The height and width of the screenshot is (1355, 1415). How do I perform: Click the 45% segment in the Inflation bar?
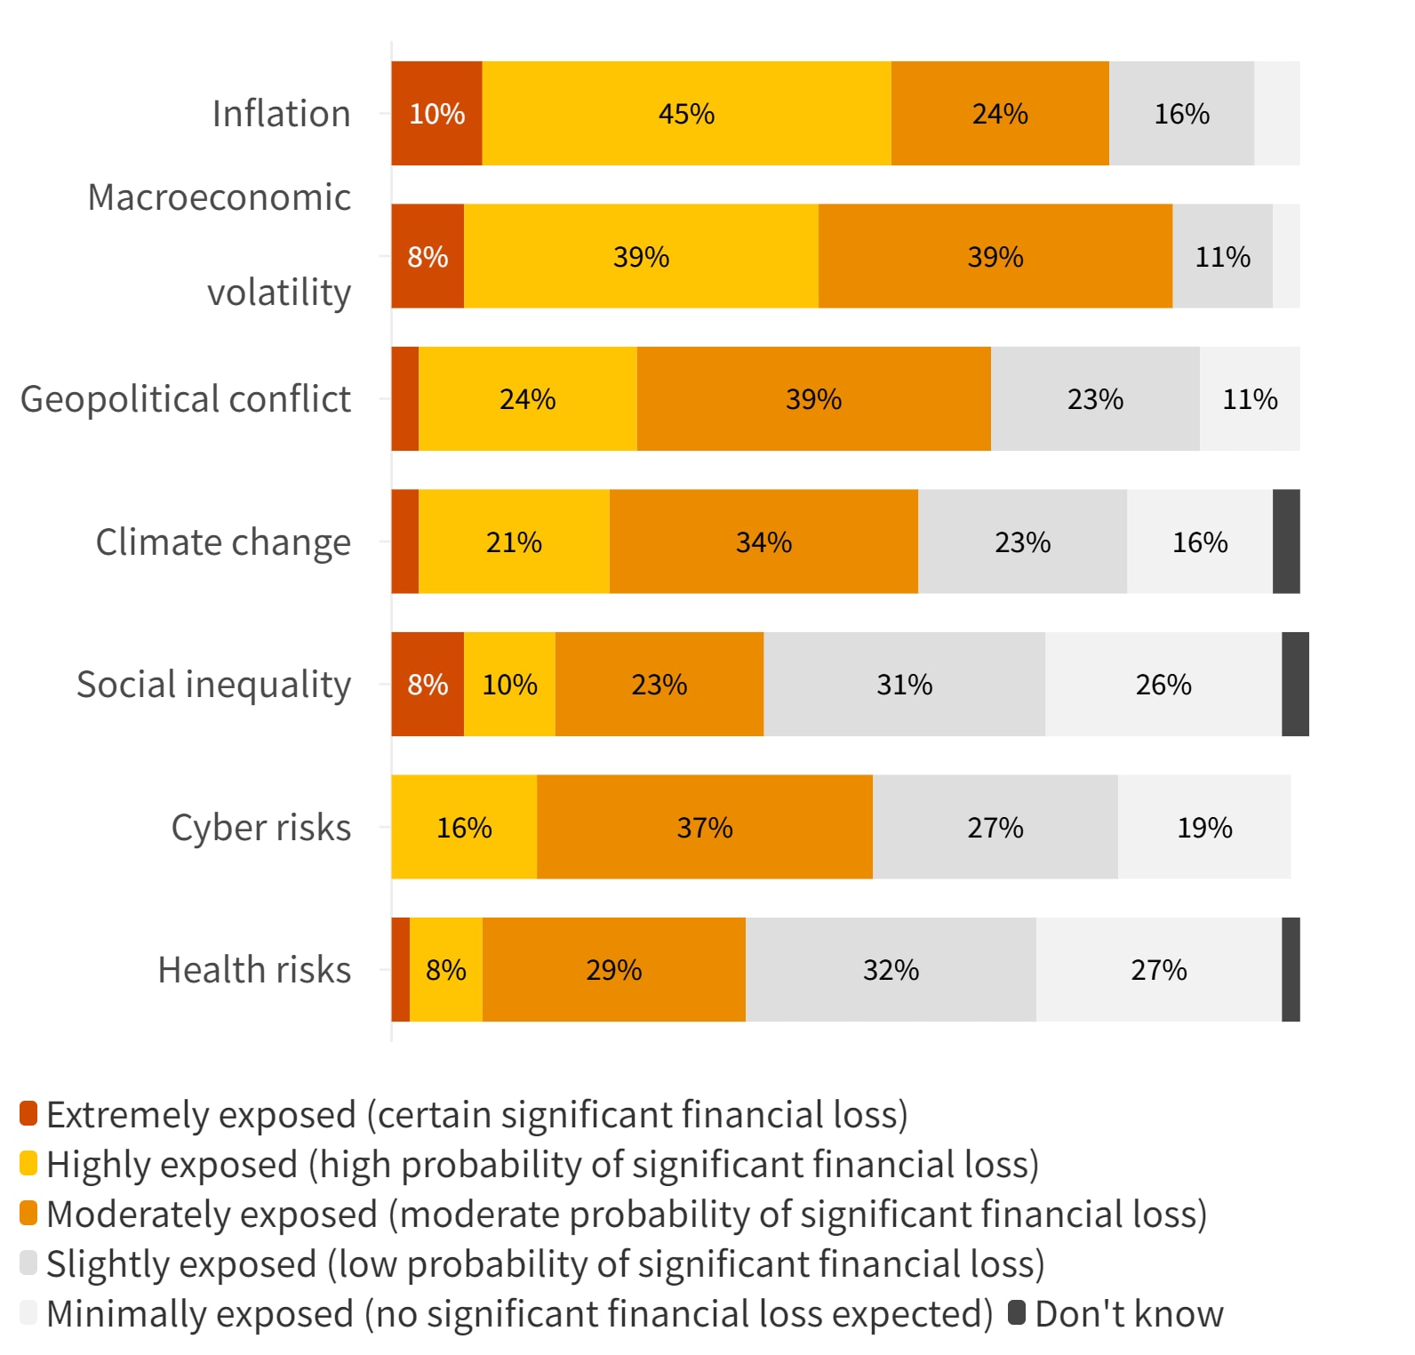pos(686,114)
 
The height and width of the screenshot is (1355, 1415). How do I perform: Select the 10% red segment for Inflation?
pos(436,114)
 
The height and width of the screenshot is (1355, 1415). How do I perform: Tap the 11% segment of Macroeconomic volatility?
pos(1222,257)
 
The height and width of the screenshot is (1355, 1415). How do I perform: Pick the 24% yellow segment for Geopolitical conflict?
pos(527,399)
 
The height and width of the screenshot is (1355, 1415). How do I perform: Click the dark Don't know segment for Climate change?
pos(1286,541)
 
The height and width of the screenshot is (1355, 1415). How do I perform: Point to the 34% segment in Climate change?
pos(763,541)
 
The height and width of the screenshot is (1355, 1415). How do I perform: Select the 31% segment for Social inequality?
pos(904,685)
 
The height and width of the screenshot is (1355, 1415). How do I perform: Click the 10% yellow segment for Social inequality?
pos(509,685)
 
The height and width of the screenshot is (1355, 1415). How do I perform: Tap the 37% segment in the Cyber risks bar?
pos(705,827)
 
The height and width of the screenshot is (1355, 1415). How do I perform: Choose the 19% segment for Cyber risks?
pos(1204,827)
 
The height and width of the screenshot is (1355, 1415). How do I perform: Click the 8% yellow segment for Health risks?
pos(446,970)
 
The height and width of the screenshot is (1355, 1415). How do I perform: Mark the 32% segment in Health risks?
pos(891,970)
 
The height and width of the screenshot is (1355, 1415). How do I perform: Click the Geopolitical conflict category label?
pos(186,399)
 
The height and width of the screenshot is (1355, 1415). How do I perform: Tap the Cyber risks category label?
pos(260,828)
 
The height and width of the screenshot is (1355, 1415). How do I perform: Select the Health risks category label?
pos(254,970)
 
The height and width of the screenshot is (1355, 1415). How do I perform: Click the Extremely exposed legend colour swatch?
pos(28,1113)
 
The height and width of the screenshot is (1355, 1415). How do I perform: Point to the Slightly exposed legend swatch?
pos(28,1263)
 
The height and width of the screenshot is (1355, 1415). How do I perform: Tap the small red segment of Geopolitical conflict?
pos(405,399)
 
